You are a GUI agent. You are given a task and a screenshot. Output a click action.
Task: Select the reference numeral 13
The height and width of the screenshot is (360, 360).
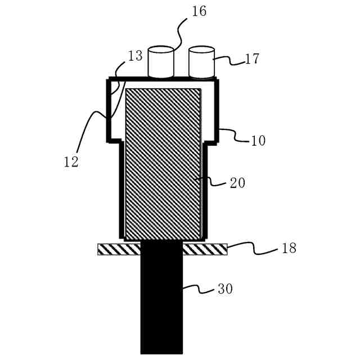point(135,55)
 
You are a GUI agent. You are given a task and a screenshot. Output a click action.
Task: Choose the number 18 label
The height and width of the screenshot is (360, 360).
point(289,248)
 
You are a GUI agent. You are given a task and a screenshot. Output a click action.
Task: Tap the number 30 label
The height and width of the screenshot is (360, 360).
point(225,289)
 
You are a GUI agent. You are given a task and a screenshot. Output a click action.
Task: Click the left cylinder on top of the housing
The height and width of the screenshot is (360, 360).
point(161,62)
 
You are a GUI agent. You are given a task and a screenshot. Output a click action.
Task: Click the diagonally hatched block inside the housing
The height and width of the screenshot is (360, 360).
point(163,163)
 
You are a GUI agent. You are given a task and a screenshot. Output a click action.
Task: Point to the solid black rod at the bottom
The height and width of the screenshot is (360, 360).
point(161,304)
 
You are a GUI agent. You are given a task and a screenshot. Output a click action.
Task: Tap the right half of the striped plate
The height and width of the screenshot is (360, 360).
point(205,249)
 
